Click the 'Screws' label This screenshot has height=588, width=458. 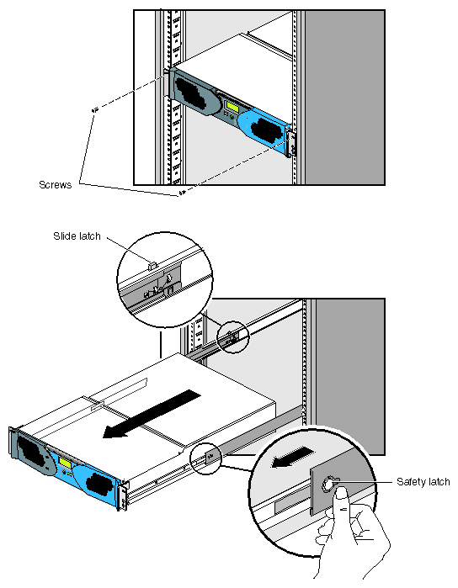click(56, 184)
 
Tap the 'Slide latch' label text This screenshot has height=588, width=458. click(77, 236)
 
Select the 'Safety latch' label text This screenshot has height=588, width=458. click(423, 481)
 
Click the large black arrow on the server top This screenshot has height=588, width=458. click(152, 413)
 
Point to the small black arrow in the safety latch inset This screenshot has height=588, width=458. click(293, 458)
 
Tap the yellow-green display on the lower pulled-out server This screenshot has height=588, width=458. click(66, 464)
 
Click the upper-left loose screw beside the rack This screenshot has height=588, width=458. click(94, 110)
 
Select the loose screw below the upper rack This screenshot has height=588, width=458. click(182, 193)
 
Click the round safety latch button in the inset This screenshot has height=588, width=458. click(328, 485)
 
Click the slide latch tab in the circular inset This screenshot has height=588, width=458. click(152, 266)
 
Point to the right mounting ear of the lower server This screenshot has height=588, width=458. click(123, 495)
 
